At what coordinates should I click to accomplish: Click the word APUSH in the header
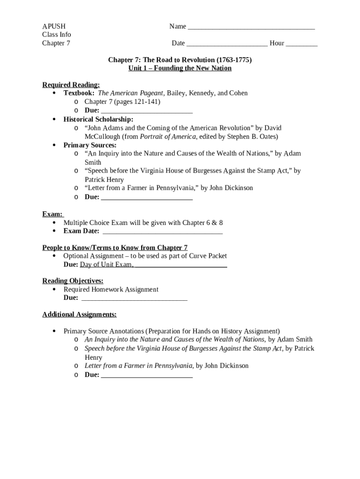click(54, 26)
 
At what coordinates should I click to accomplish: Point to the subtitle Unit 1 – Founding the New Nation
click(180, 68)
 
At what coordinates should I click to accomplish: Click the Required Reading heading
click(71, 85)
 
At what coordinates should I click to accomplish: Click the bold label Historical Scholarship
click(98, 119)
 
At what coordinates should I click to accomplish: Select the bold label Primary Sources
click(90, 145)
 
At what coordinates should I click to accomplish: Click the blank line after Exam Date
click(162, 232)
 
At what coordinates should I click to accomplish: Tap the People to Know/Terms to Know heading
click(115, 247)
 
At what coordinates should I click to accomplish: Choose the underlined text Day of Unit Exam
click(106, 265)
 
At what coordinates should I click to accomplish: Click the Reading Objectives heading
click(73, 281)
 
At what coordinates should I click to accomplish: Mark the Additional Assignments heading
click(79, 314)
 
